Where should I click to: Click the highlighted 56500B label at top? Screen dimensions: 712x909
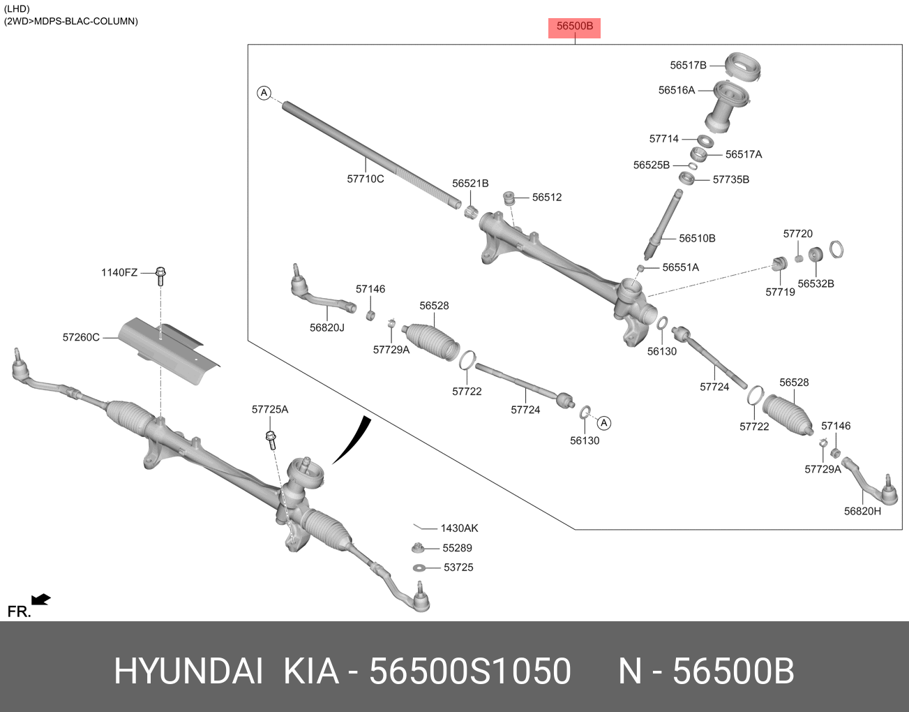pyautogui.click(x=574, y=27)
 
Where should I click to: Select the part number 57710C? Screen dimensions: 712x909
pyautogui.click(x=366, y=179)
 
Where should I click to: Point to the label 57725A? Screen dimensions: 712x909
pyautogui.click(x=269, y=409)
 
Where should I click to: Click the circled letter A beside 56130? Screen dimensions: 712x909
pyautogui.click(x=604, y=423)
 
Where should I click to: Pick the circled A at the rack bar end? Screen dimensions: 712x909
pyautogui.click(x=264, y=93)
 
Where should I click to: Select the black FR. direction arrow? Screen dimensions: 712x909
pyautogui.click(x=41, y=599)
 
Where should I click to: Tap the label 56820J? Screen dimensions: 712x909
pyautogui.click(x=326, y=327)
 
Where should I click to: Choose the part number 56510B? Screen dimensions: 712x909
pyautogui.click(x=697, y=238)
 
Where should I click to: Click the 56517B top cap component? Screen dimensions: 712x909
pyautogui.click(x=742, y=65)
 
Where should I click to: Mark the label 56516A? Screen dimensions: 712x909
pyautogui.click(x=676, y=90)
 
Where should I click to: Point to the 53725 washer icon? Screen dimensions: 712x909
pyautogui.click(x=419, y=568)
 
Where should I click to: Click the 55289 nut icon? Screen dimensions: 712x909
pyautogui.click(x=418, y=548)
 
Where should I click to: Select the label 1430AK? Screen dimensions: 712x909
pyautogui.click(x=459, y=528)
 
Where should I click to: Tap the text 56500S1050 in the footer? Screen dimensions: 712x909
pyautogui.click(x=469, y=672)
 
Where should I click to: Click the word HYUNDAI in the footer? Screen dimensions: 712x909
pyautogui.click(x=188, y=672)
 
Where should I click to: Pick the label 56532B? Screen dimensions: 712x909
pyautogui.click(x=816, y=283)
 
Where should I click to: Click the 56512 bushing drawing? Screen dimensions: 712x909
pyautogui.click(x=509, y=198)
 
